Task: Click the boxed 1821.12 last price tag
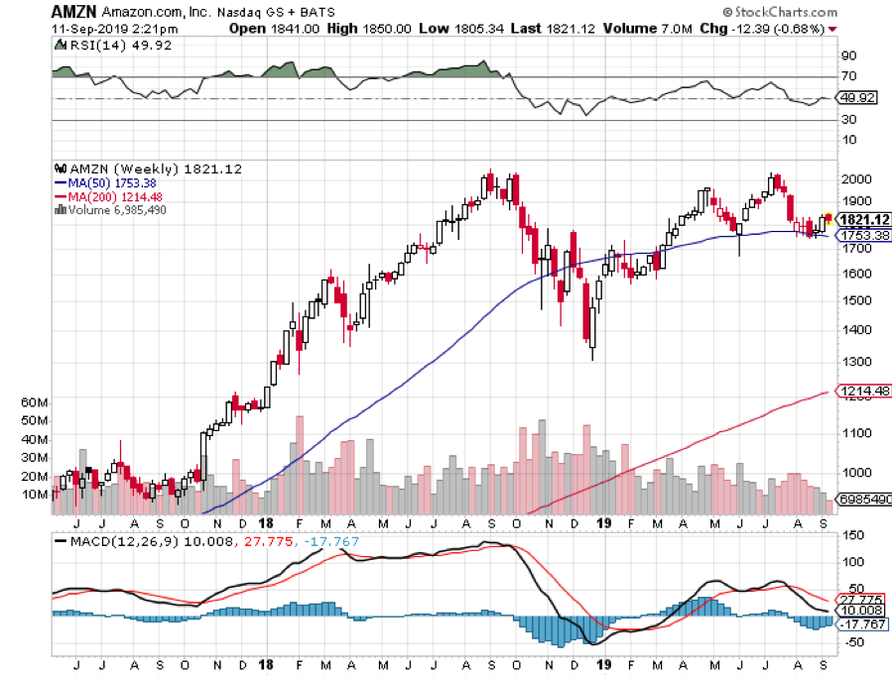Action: (x=862, y=219)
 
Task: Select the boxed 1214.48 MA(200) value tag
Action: (x=864, y=393)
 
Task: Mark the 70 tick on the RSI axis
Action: (x=849, y=76)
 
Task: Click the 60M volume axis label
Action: (x=34, y=402)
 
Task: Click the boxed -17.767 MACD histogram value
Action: (x=863, y=623)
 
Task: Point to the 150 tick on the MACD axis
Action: (x=851, y=535)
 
